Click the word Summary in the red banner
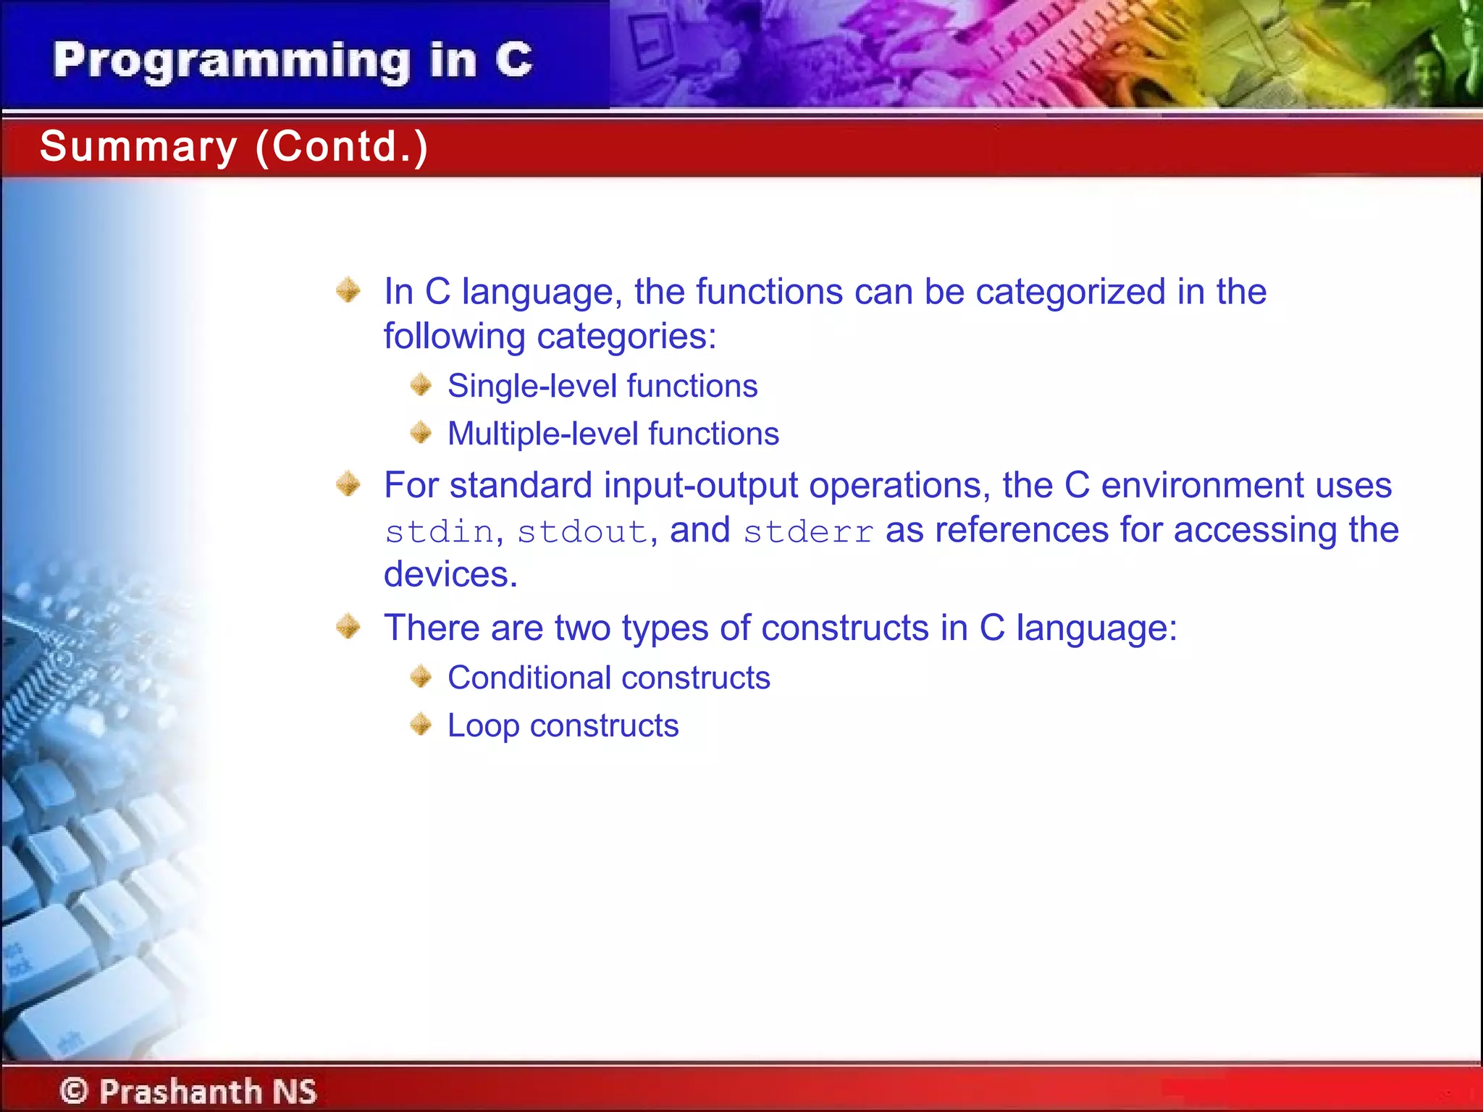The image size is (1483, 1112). tap(138, 147)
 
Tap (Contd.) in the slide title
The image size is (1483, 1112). tap(342, 147)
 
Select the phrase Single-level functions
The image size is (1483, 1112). tap(602, 386)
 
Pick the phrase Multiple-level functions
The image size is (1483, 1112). tap(613, 434)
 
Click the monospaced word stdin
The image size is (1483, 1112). tap(439, 532)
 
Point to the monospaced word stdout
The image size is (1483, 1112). tap(582, 532)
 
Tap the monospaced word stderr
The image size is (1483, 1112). tap(808, 532)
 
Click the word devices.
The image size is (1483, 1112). tap(450, 575)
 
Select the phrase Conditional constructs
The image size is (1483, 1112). tap(608, 678)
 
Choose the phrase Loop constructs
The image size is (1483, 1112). tap(563, 726)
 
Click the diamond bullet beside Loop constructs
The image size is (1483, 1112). tap(421, 724)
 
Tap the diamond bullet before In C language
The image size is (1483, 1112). tap(348, 290)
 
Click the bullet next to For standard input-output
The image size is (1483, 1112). tap(348, 484)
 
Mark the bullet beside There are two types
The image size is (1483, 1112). tap(348, 626)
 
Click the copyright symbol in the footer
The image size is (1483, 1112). tap(74, 1091)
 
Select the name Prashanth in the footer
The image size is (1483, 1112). tap(180, 1091)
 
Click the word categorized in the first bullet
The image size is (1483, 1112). tap(1070, 292)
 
